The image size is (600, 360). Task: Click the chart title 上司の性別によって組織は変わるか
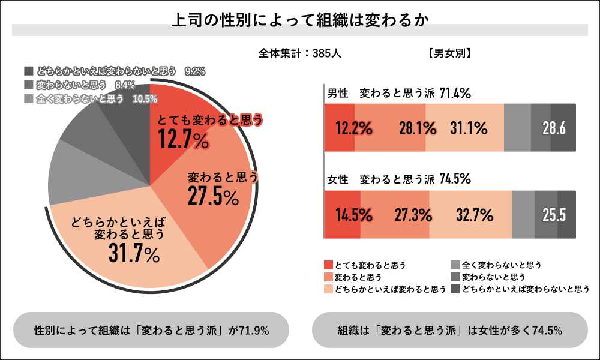pos(299,20)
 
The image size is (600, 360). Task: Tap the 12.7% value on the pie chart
pos(184,141)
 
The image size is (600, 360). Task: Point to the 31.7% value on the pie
pos(134,254)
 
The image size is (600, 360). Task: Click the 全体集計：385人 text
pos(300,53)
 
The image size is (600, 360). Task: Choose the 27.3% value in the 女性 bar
pos(415,215)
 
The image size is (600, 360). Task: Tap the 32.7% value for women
pos(473,215)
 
